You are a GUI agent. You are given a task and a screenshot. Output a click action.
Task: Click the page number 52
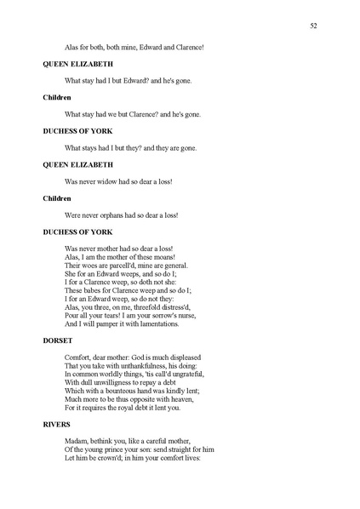(x=313, y=26)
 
